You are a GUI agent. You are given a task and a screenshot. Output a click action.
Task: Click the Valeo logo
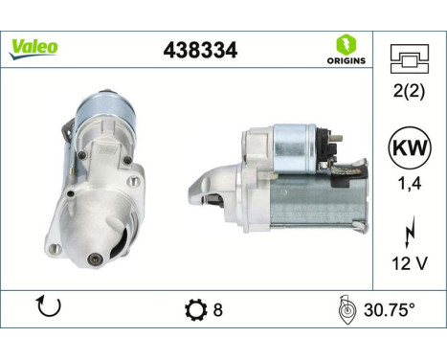click(x=34, y=46)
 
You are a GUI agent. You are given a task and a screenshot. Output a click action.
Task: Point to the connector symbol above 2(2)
click(x=409, y=60)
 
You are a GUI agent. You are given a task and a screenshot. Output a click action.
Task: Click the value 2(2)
click(x=409, y=94)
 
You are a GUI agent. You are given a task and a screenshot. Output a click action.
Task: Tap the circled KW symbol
click(x=409, y=150)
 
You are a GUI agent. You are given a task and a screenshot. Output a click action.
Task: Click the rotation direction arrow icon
click(x=47, y=307)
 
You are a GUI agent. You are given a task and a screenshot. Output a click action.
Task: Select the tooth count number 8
click(x=218, y=309)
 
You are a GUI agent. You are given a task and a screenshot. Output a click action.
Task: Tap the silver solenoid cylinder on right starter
click(x=296, y=149)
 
